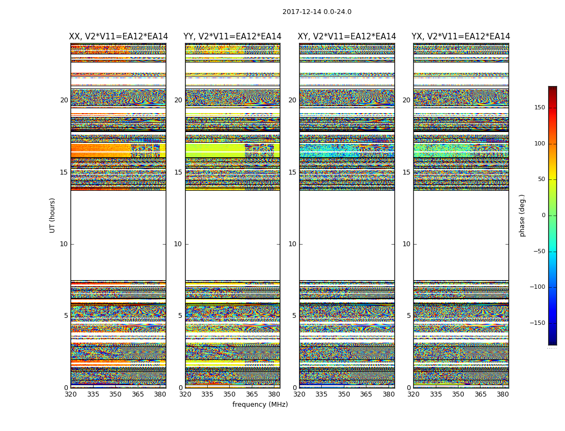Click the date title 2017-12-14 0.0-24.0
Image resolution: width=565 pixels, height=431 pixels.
317,12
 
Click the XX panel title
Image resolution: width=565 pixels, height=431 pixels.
118,37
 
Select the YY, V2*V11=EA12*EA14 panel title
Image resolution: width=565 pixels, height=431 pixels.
232,37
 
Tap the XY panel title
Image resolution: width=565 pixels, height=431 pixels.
347,37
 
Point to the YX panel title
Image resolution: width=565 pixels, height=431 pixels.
461,37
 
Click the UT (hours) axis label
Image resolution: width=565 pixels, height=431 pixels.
52,215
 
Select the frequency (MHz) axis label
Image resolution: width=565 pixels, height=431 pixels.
260,405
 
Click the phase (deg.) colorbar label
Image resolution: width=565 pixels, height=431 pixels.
522,215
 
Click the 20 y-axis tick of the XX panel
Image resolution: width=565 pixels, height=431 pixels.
64,100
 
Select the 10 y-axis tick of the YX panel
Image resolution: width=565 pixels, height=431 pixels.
407,244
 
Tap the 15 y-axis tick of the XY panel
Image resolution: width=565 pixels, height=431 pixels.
293,172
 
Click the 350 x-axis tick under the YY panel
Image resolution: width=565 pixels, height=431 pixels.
230,394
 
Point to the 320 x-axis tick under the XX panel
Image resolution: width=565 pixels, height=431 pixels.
70,394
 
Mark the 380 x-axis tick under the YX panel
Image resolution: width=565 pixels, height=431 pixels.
503,394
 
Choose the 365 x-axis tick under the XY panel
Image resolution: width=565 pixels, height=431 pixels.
366,394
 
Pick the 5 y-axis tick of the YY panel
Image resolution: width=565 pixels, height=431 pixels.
180,316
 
